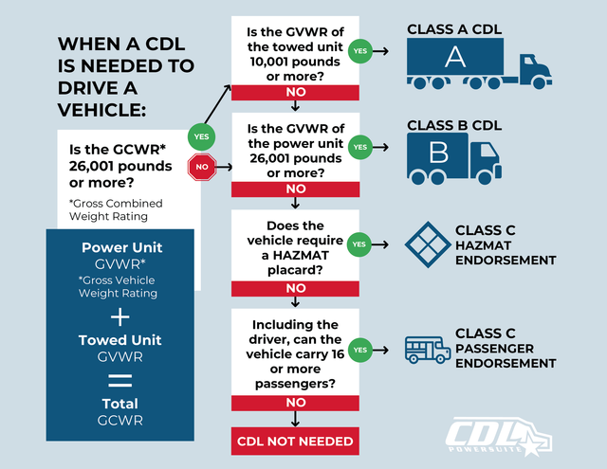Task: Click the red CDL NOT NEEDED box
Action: (x=295, y=441)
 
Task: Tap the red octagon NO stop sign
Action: (x=201, y=171)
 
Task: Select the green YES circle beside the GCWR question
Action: (x=201, y=136)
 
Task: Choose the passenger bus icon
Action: (x=428, y=350)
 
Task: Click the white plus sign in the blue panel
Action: (x=120, y=317)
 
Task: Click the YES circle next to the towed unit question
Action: (x=359, y=51)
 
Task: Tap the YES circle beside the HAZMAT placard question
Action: (x=359, y=244)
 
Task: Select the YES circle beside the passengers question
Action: (x=359, y=349)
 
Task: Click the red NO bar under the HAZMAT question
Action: (x=295, y=287)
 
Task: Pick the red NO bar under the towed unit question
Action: (x=295, y=93)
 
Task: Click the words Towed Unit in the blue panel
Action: (x=120, y=340)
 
